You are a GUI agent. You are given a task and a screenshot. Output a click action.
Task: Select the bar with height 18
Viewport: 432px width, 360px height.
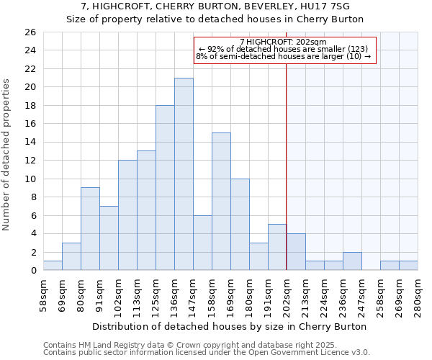pyautogui.click(x=165, y=188)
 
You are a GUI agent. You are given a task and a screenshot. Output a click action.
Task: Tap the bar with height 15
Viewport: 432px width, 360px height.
pyautogui.click(x=221, y=202)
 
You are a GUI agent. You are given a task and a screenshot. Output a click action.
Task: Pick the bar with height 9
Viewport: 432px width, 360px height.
pyautogui.click(x=90, y=229)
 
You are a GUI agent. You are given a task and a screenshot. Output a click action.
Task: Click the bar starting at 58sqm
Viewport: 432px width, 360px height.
pyautogui.click(x=53, y=266)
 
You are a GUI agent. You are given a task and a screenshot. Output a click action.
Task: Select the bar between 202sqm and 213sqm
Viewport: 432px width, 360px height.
pyautogui.click(x=296, y=252)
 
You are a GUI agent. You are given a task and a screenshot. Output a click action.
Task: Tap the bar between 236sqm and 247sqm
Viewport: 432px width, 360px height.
pyautogui.click(x=352, y=261)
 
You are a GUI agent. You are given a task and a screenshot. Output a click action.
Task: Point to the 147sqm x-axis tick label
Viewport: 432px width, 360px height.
pyautogui.click(x=193, y=293)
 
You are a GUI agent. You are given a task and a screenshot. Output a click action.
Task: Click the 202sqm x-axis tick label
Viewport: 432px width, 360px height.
pyautogui.click(x=287, y=293)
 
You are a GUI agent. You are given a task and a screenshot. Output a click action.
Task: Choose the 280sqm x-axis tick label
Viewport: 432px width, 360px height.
pyautogui.click(x=418, y=293)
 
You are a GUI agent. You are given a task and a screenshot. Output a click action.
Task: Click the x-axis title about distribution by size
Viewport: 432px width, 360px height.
pyautogui.click(x=230, y=326)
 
